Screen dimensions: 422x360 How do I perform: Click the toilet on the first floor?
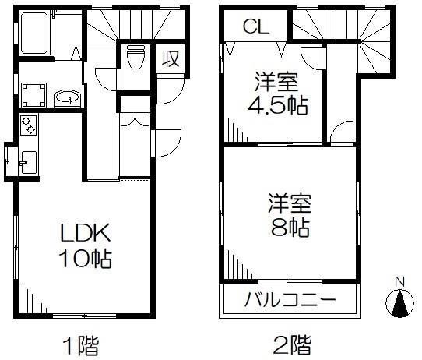[135, 57]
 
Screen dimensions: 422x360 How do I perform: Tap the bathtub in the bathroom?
[34, 33]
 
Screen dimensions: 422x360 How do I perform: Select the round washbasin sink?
[67, 97]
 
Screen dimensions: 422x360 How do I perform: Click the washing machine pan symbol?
[33, 95]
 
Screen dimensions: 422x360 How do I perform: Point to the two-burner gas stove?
[28, 125]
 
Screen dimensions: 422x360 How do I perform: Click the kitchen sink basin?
[28, 162]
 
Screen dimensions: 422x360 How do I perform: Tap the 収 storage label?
[171, 59]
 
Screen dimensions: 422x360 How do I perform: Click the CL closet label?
[256, 26]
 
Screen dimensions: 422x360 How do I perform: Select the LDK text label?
[86, 233]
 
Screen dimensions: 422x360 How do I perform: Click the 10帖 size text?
[86, 259]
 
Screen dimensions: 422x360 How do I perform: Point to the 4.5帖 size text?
[277, 105]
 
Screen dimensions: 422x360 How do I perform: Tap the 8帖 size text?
[290, 228]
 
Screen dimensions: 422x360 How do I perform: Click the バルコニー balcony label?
[290, 299]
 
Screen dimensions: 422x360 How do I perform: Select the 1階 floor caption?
[81, 345]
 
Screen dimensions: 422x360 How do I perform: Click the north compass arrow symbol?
[399, 303]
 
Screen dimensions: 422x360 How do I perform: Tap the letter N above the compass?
[399, 282]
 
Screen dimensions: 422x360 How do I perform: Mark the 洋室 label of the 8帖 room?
[290, 203]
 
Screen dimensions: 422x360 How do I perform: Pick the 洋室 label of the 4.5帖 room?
[276, 82]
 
